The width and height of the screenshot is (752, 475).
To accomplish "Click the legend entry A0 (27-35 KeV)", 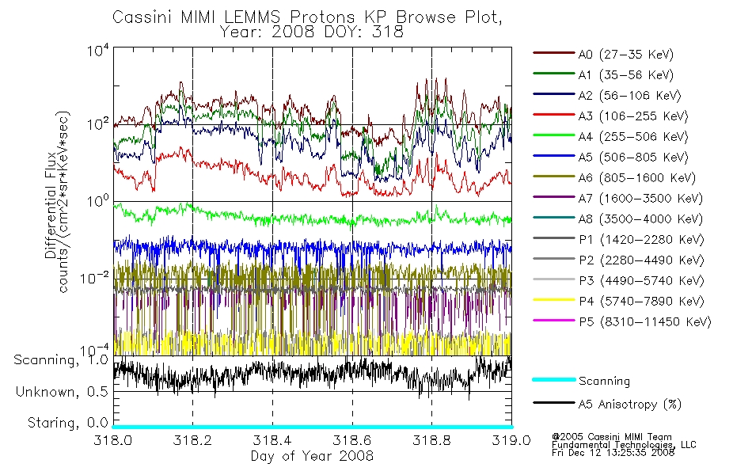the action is pyautogui.click(x=626, y=54).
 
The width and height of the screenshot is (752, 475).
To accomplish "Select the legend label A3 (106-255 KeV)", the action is pyautogui.click(x=633, y=116).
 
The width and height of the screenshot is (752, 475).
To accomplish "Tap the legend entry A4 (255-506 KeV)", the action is pyautogui.click(x=633, y=137).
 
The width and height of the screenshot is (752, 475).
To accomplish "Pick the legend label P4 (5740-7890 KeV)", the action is pyautogui.click(x=641, y=302).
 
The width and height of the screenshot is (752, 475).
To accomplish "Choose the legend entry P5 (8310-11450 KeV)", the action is pyautogui.click(x=644, y=322).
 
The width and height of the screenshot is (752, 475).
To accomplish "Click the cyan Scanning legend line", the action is pyautogui.click(x=554, y=380).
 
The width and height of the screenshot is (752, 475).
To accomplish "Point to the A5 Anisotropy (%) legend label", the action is pyautogui.click(x=630, y=405).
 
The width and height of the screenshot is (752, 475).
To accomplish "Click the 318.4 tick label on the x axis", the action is pyautogui.click(x=272, y=440).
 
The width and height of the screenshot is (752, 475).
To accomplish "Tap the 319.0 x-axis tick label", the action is pyautogui.click(x=511, y=440).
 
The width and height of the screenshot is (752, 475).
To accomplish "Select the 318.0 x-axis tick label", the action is pyautogui.click(x=113, y=440).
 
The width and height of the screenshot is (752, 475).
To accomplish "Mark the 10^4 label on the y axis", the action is pyautogui.click(x=98, y=50).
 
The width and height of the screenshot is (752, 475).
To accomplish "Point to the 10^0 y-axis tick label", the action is pyautogui.click(x=98, y=200).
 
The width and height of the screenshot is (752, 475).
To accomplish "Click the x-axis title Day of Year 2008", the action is pyautogui.click(x=312, y=456).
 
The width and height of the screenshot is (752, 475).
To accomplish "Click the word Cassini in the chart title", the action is pyautogui.click(x=143, y=17).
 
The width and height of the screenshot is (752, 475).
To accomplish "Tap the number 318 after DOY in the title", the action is pyautogui.click(x=389, y=32).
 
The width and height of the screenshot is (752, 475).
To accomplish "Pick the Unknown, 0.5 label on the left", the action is pyautogui.click(x=62, y=392).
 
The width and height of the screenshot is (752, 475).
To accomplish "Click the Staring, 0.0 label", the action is pyautogui.click(x=67, y=423).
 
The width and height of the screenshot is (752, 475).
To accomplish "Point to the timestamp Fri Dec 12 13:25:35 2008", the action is pyautogui.click(x=613, y=453).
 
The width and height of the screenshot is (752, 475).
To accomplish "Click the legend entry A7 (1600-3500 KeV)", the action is pyautogui.click(x=640, y=199).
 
